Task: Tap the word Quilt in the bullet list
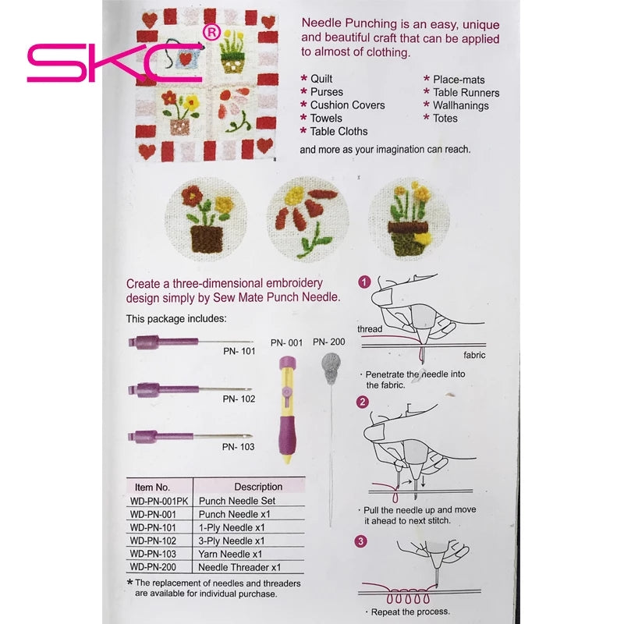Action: tap(321, 79)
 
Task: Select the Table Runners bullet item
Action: tap(466, 92)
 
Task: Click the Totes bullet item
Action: tap(445, 119)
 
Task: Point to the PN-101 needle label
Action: tap(239, 351)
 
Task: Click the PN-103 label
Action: tap(238, 447)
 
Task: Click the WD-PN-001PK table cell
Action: tap(159, 502)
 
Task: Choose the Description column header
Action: tap(258, 487)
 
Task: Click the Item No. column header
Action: tap(152, 487)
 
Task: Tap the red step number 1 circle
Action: tap(363, 282)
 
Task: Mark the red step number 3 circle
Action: tap(360, 541)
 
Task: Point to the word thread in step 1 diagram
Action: tap(370, 329)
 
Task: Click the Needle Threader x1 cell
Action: tap(239, 568)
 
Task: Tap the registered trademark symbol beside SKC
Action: tap(211, 31)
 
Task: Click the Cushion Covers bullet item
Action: tap(347, 105)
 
